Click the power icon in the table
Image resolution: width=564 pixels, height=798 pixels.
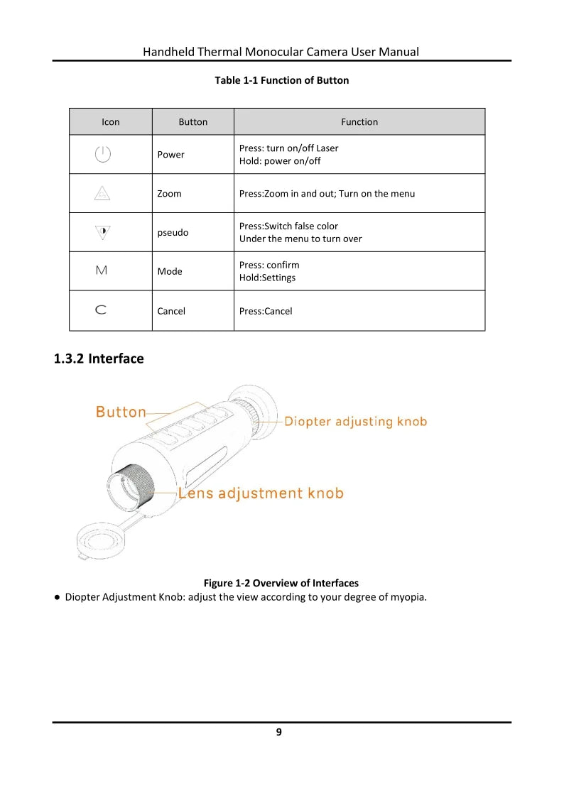pyautogui.click(x=103, y=154)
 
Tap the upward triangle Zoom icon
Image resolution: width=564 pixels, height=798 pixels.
pyautogui.click(x=103, y=193)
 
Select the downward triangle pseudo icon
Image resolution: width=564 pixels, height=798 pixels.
pyautogui.click(x=103, y=231)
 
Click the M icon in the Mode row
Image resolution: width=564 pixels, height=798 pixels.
pyautogui.click(x=102, y=270)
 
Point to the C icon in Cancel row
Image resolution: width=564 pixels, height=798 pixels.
pyautogui.click(x=102, y=310)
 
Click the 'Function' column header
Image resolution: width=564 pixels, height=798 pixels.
pyautogui.click(x=359, y=122)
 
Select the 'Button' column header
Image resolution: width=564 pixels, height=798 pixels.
pyautogui.click(x=192, y=122)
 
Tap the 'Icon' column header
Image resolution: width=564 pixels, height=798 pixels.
pyautogui.click(x=111, y=122)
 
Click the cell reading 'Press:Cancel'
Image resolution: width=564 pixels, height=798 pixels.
pyautogui.click(x=266, y=311)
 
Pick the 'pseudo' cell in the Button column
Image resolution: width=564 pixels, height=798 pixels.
pyautogui.click(x=173, y=232)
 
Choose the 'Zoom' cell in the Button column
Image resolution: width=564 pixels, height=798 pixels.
pyautogui.click(x=169, y=194)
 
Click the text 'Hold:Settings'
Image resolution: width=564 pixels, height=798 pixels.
pyautogui.click(x=267, y=278)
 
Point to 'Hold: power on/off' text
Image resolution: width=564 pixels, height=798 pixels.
pyautogui.click(x=280, y=161)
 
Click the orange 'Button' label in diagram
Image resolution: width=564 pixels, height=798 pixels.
pyautogui.click(x=121, y=412)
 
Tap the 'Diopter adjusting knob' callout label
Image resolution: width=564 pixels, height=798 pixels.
pyautogui.click(x=355, y=422)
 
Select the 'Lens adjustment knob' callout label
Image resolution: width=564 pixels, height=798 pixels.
pyautogui.click(x=261, y=493)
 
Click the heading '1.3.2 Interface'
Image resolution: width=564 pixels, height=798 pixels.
pyautogui.click(x=99, y=359)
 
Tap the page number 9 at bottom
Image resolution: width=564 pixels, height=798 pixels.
pyautogui.click(x=279, y=732)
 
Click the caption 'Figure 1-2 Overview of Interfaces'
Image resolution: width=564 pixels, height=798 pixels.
pyautogui.click(x=281, y=583)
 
